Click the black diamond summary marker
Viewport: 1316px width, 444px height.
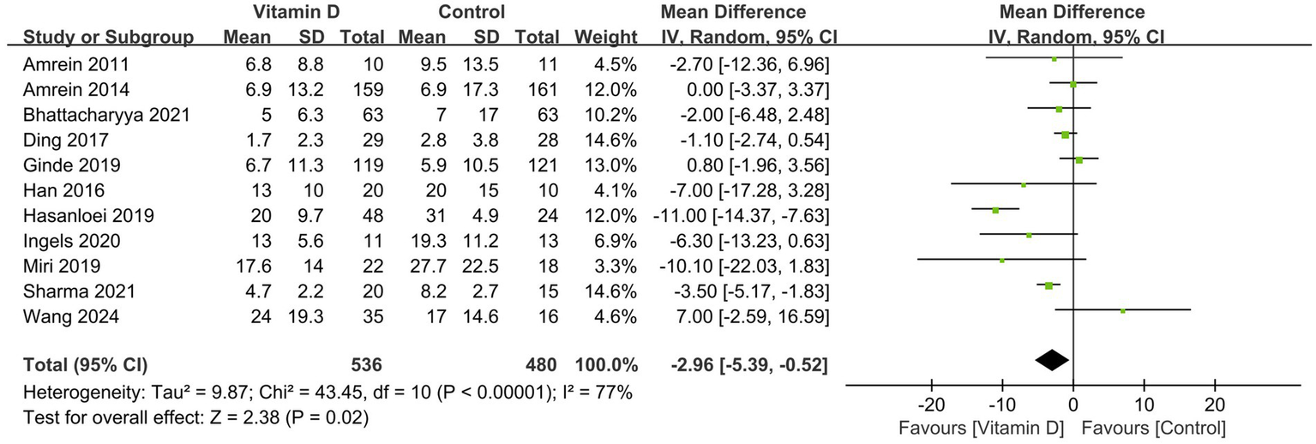point(1052,361)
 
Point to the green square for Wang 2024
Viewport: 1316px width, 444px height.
point(1122,310)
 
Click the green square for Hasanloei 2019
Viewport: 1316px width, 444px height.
point(995,210)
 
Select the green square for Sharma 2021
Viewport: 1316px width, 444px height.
point(1049,285)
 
